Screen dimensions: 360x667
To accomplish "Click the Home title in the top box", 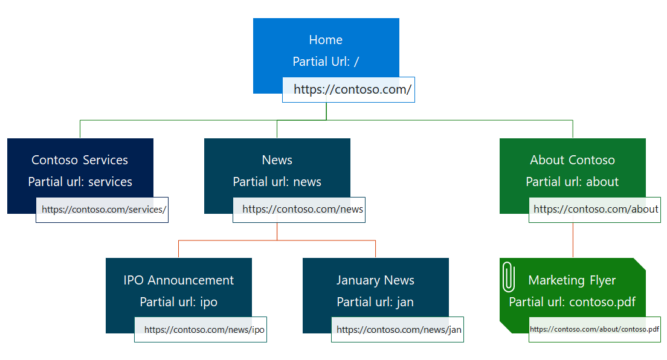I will (x=326, y=40).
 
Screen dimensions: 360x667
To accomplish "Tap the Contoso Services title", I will (x=80, y=160).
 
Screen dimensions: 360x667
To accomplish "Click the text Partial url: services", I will (x=80, y=182).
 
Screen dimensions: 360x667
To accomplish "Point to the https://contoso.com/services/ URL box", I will (x=102, y=210).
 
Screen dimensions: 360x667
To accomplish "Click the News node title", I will (x=277, y=160).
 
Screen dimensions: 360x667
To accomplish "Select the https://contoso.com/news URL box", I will (x=299, y=210).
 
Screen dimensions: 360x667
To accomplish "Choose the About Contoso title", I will (x=572, y=160).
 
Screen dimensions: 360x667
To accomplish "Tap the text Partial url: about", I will (x=572, y=182).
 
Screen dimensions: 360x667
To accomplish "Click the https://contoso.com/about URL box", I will (x=595, y=210).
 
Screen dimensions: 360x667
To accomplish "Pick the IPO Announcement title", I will (x=178, y=280).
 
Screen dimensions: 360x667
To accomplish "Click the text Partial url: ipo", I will (x=178, y=302).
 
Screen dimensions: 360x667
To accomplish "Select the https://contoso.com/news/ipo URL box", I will (x=201, y=330).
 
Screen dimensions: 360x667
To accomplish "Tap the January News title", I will (x=375, y=280).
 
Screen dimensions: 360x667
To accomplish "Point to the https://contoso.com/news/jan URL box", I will (x=398, y=330).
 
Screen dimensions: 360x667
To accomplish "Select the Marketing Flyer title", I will (x=572, y=280).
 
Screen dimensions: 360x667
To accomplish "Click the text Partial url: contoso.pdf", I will (x=572, y=302).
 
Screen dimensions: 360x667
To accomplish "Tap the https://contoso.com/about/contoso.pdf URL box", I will (x=594, y=330).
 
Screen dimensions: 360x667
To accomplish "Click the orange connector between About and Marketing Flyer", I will (x=573, y=240).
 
